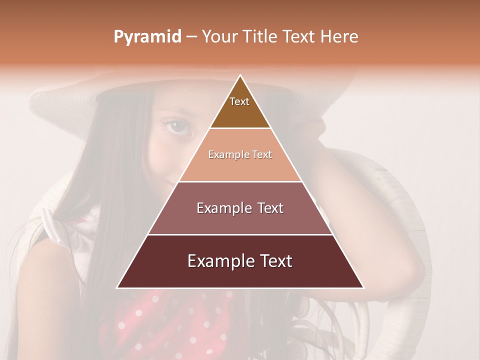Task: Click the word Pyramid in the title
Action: tap(147, 37)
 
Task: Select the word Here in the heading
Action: tap(339, 36)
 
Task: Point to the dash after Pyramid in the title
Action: tap(191, 37)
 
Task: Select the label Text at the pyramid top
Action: tap(239, 101)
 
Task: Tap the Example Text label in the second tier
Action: tap(240, 154)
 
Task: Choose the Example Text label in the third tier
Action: tap(240, 208)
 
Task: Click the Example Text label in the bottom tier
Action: tap(240, 261)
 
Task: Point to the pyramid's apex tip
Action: tap(240, 76)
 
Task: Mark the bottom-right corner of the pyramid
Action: tap(363, 287)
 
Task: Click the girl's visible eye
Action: tap(178, 126)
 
